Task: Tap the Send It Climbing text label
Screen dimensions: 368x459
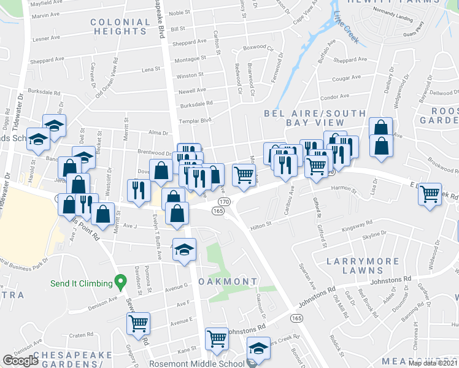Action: coord(82,283)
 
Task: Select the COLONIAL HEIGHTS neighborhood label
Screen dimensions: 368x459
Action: coord(120,26)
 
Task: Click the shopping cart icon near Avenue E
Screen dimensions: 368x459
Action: coord(139,323)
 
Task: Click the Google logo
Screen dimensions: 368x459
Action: coord(21,361)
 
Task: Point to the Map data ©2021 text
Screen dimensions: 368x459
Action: coord(433,363)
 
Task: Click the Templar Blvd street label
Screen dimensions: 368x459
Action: coord(195,121)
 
